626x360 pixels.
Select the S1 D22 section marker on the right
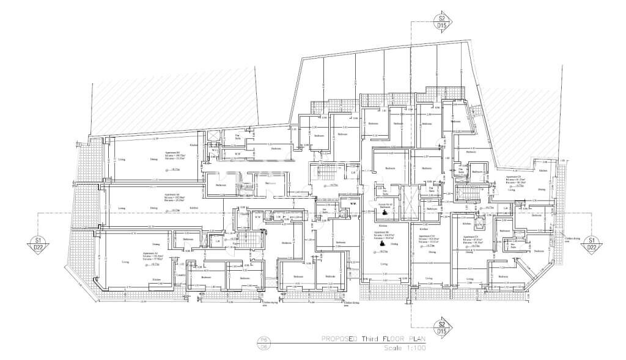coord(591,243)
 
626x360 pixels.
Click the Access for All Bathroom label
coord(385,206)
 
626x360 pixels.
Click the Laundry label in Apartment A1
coord(180,274)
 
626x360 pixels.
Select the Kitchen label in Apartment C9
coord(525,161)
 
